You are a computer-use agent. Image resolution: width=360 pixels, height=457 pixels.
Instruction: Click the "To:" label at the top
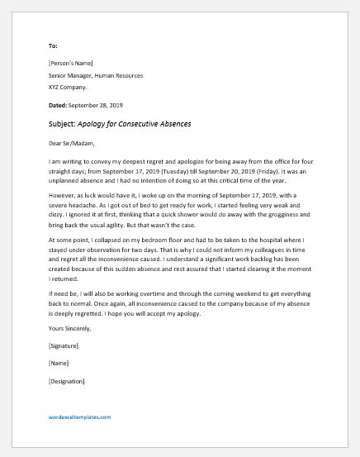coord(54,46)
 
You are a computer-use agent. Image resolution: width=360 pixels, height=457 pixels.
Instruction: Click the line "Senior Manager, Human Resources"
coord(102,75)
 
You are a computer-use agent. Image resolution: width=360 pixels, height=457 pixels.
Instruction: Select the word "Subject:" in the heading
coord(64,124)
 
